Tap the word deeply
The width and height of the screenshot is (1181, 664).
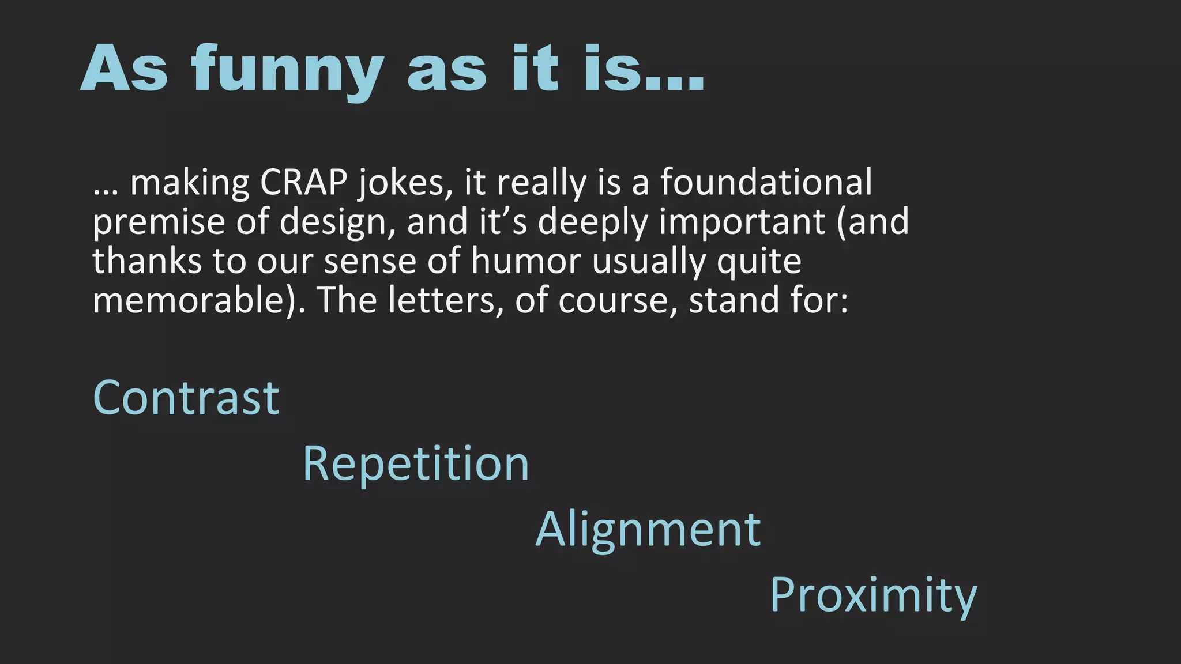pyautogui.click(x=593, y=222)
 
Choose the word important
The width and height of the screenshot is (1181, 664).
pyautogui.click(x=743, y=222)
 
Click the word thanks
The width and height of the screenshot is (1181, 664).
pyautogui.click(x=147, y=261)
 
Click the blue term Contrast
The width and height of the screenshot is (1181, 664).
pyautogui.click(x=186, y=398)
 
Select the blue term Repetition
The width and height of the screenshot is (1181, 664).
pyautogui.click(x=416, y=463)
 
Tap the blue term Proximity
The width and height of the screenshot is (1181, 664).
pyautogui.click(x=873, y=595)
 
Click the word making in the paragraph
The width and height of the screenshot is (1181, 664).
pyautogui.click(x=190, y=183)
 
